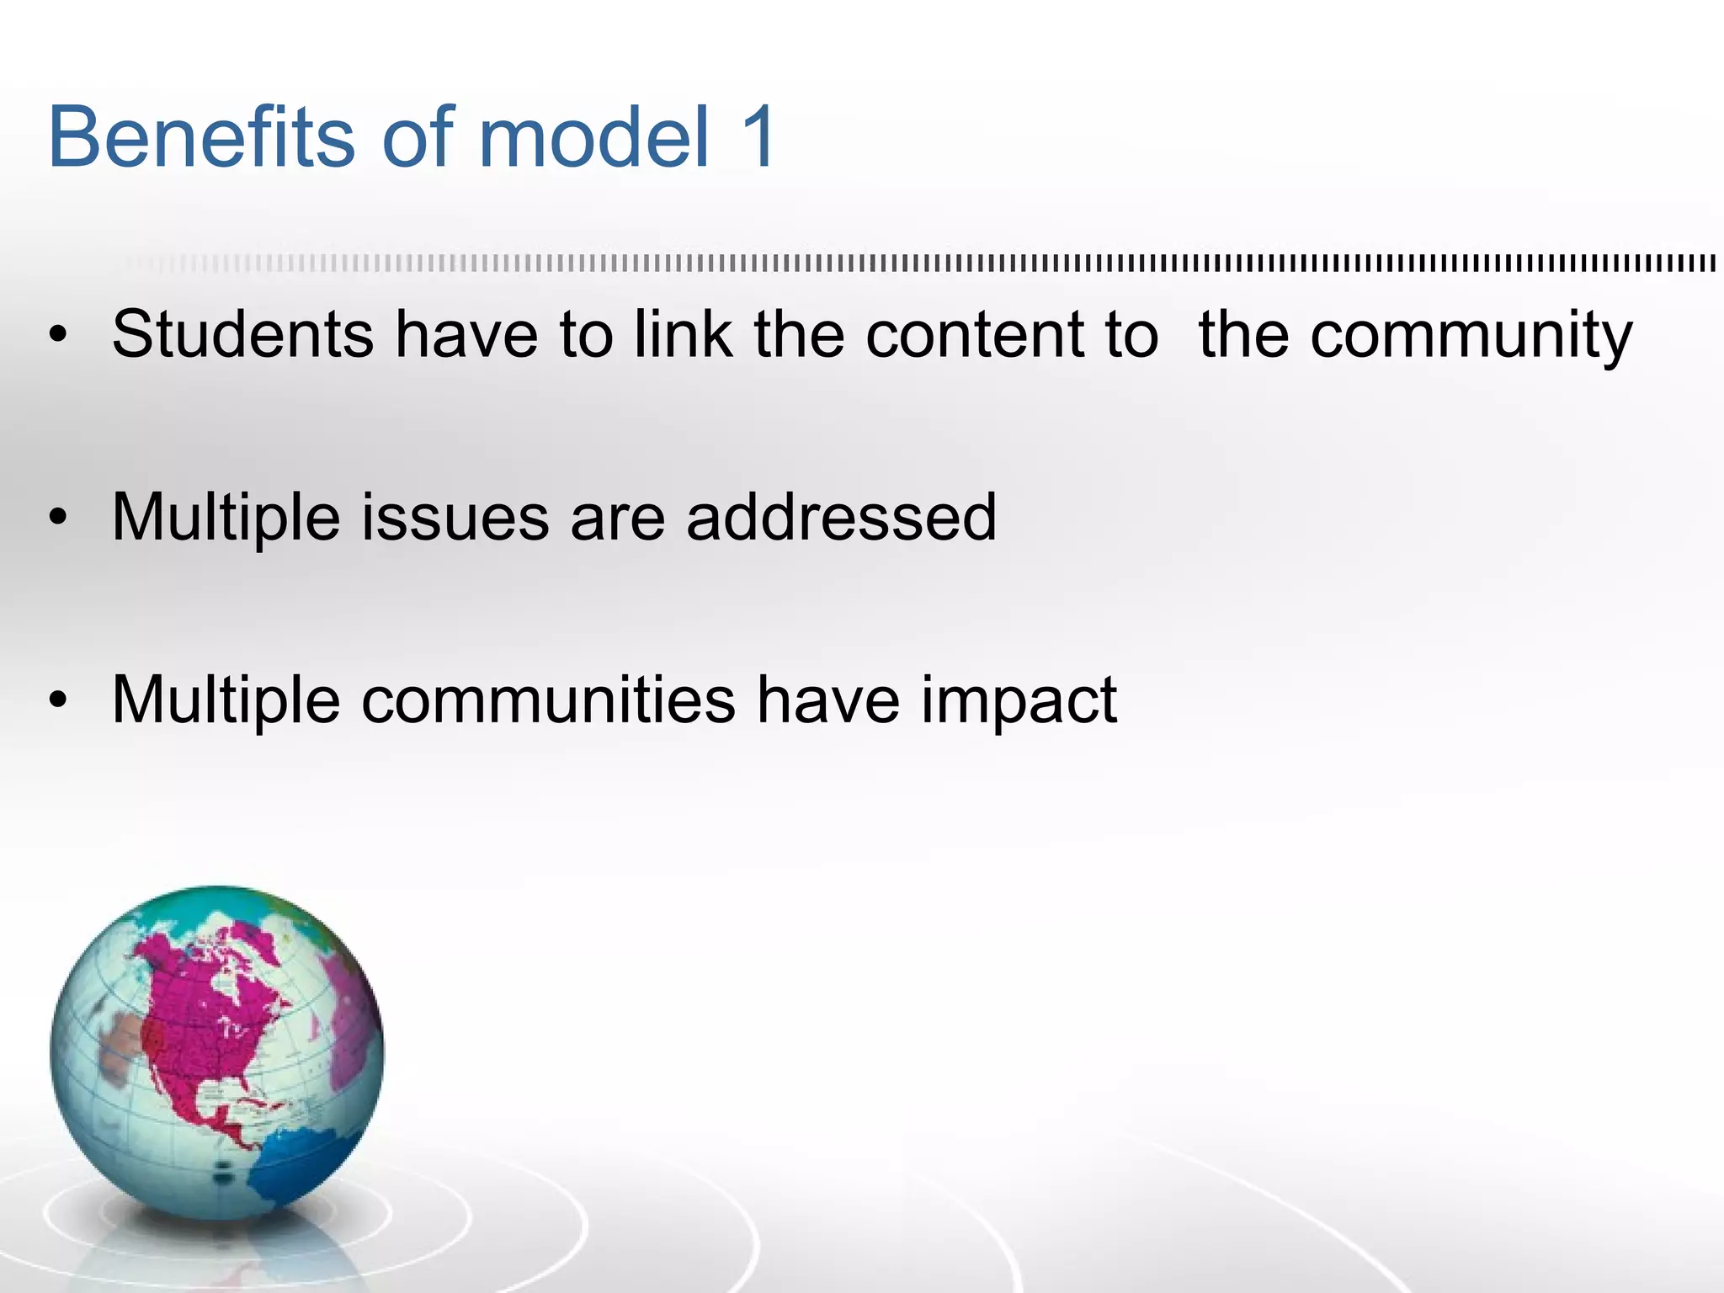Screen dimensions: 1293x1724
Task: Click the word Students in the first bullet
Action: tap(242, 334)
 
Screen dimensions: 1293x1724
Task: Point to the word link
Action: tap(683, 334)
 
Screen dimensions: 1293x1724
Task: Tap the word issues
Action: tap(455, 517)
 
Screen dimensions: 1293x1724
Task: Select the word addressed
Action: tap(841, 517)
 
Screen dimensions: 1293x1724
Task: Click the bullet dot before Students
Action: tap(57, 336)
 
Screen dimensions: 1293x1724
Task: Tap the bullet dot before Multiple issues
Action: tap(57, 518)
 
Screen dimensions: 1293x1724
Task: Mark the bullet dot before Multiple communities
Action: tap(57, 700)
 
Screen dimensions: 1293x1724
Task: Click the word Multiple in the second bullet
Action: tap(226, 519)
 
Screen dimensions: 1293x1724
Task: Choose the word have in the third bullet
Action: tap(827, 700)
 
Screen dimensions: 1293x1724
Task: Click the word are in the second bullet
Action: tap(617, 519)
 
